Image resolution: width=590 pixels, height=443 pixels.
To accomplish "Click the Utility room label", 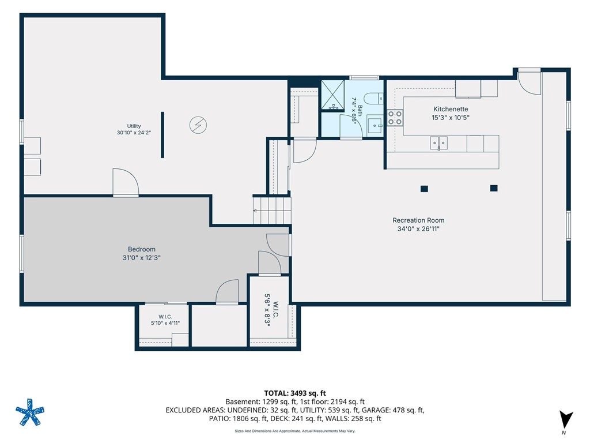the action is (134, 126).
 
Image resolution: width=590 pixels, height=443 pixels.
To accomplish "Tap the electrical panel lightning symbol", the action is (198, 125).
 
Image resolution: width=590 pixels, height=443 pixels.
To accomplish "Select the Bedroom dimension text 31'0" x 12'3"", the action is (142, 258).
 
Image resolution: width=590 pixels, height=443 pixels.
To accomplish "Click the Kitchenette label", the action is (451, 109).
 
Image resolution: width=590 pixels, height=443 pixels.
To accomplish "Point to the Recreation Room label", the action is (418, 220).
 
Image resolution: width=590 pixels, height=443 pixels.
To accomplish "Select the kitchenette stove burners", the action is (395, 117).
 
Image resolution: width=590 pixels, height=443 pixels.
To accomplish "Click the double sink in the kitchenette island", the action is (438, 143).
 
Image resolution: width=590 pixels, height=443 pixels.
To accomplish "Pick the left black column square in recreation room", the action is (424, 189).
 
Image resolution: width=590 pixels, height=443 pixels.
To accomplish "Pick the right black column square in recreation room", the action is (494, 188).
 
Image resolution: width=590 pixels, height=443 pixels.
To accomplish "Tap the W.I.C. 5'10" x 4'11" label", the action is (165, 320).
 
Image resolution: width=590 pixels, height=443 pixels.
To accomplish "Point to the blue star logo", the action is (30, 412).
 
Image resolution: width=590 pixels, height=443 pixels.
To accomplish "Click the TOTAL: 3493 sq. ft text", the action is (295, 393).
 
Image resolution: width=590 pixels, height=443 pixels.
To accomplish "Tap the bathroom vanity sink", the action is (375, 125).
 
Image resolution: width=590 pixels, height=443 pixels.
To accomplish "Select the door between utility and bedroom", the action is (126, 182).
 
